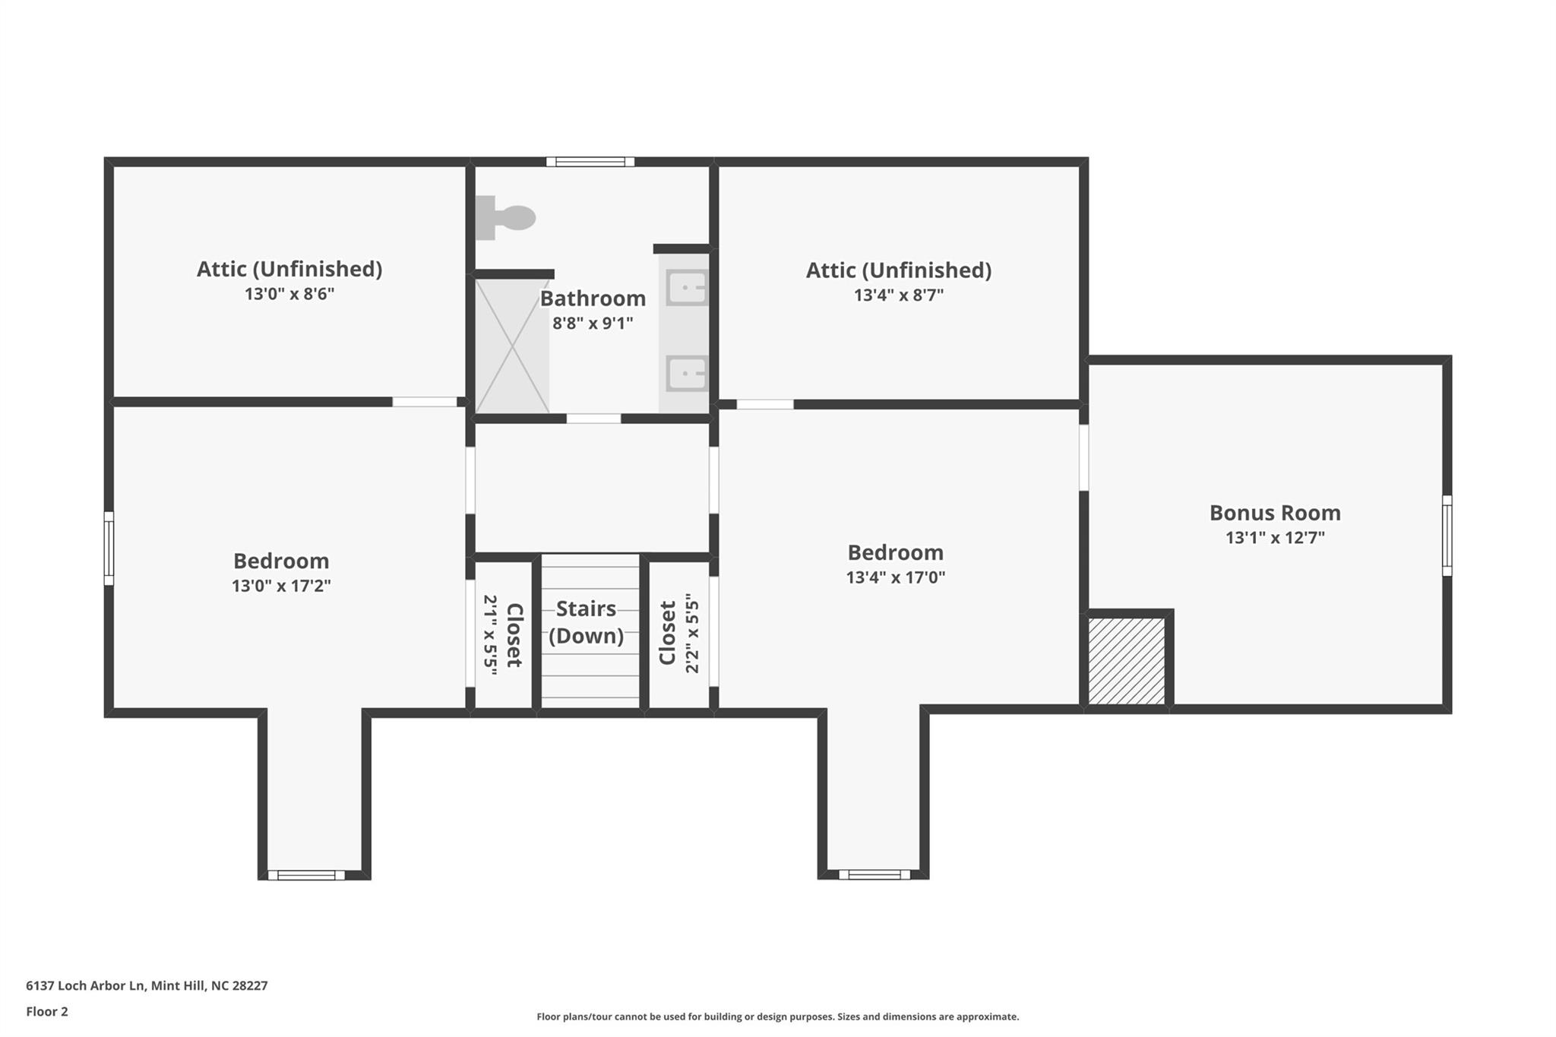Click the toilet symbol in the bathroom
click(x=504, y=218)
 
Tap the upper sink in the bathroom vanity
click(x=687, y=288)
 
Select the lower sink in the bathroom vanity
click(x=687, y=374)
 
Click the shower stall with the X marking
click(x=512, y=346)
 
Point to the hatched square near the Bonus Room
click(x=1127, y=661)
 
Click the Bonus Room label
click(x=1275, y=513)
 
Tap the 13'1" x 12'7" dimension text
click(x=1275, y=538)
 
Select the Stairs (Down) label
click(x=587, y=622)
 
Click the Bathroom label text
click(x=593, y=298)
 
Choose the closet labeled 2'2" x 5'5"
click(x=679, y=635)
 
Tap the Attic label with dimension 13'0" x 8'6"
click(x=289, y=269)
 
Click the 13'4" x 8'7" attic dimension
click(x=899, y=296)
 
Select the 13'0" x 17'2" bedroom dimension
click(x=281, y=586)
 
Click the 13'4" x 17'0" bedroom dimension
click(x=896, y=577)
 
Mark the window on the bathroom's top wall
click(x=590, y=161)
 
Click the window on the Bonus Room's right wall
click(x=1447, y=536)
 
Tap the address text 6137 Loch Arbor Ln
click(x=85, y=986)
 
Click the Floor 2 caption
click(x=47, y=1012)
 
